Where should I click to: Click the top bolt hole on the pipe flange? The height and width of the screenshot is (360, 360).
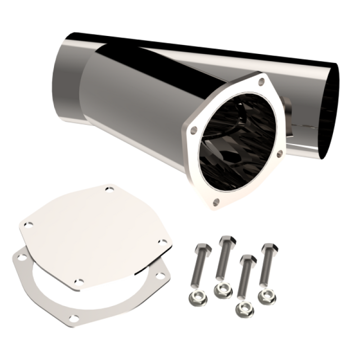point(260,80)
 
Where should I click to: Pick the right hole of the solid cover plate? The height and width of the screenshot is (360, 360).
point(162,241)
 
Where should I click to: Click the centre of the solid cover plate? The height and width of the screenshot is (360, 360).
point(95,232)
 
